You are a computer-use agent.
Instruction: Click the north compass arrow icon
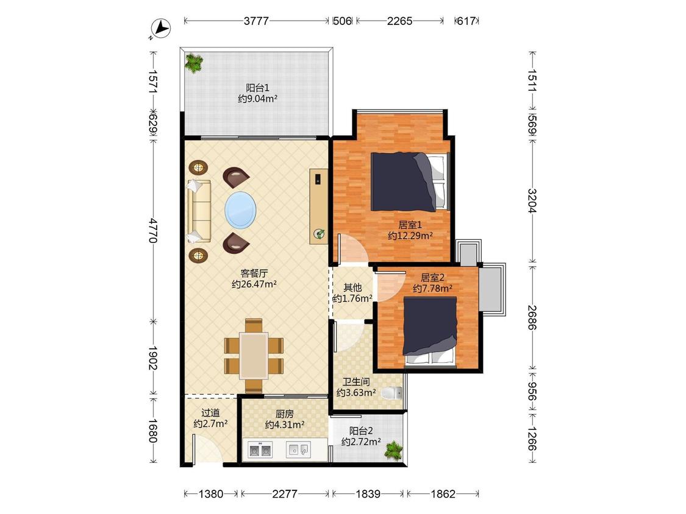tap(161, 29)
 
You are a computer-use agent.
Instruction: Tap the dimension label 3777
tap(256, 21)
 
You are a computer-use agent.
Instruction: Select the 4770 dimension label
tap(152, 230)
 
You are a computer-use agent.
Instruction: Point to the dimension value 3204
tap(532, 200)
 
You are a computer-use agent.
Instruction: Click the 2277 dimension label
tap(285, 494)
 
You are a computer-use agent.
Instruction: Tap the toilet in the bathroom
tap(391, 393)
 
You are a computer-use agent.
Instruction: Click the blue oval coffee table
tap(240, 210)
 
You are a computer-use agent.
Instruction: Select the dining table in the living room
tap(254, 356)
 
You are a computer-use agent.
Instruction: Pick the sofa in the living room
tap(199, 211)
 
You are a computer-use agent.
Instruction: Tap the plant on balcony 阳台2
tap(393, 450)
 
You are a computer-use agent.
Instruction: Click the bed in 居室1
tap(410, 181)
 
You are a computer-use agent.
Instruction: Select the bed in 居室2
tap(430, 331)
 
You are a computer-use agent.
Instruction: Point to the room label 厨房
tap(284, 414)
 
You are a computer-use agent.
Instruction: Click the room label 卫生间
tap(356, 382)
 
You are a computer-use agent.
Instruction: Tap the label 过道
tap(210, 412)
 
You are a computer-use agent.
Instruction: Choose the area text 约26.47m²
tap(254, 284)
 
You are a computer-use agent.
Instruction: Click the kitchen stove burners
tap(260, 449)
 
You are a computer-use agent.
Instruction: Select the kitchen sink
tap(299, 449)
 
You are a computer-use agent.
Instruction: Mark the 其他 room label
tap(352, 287)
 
